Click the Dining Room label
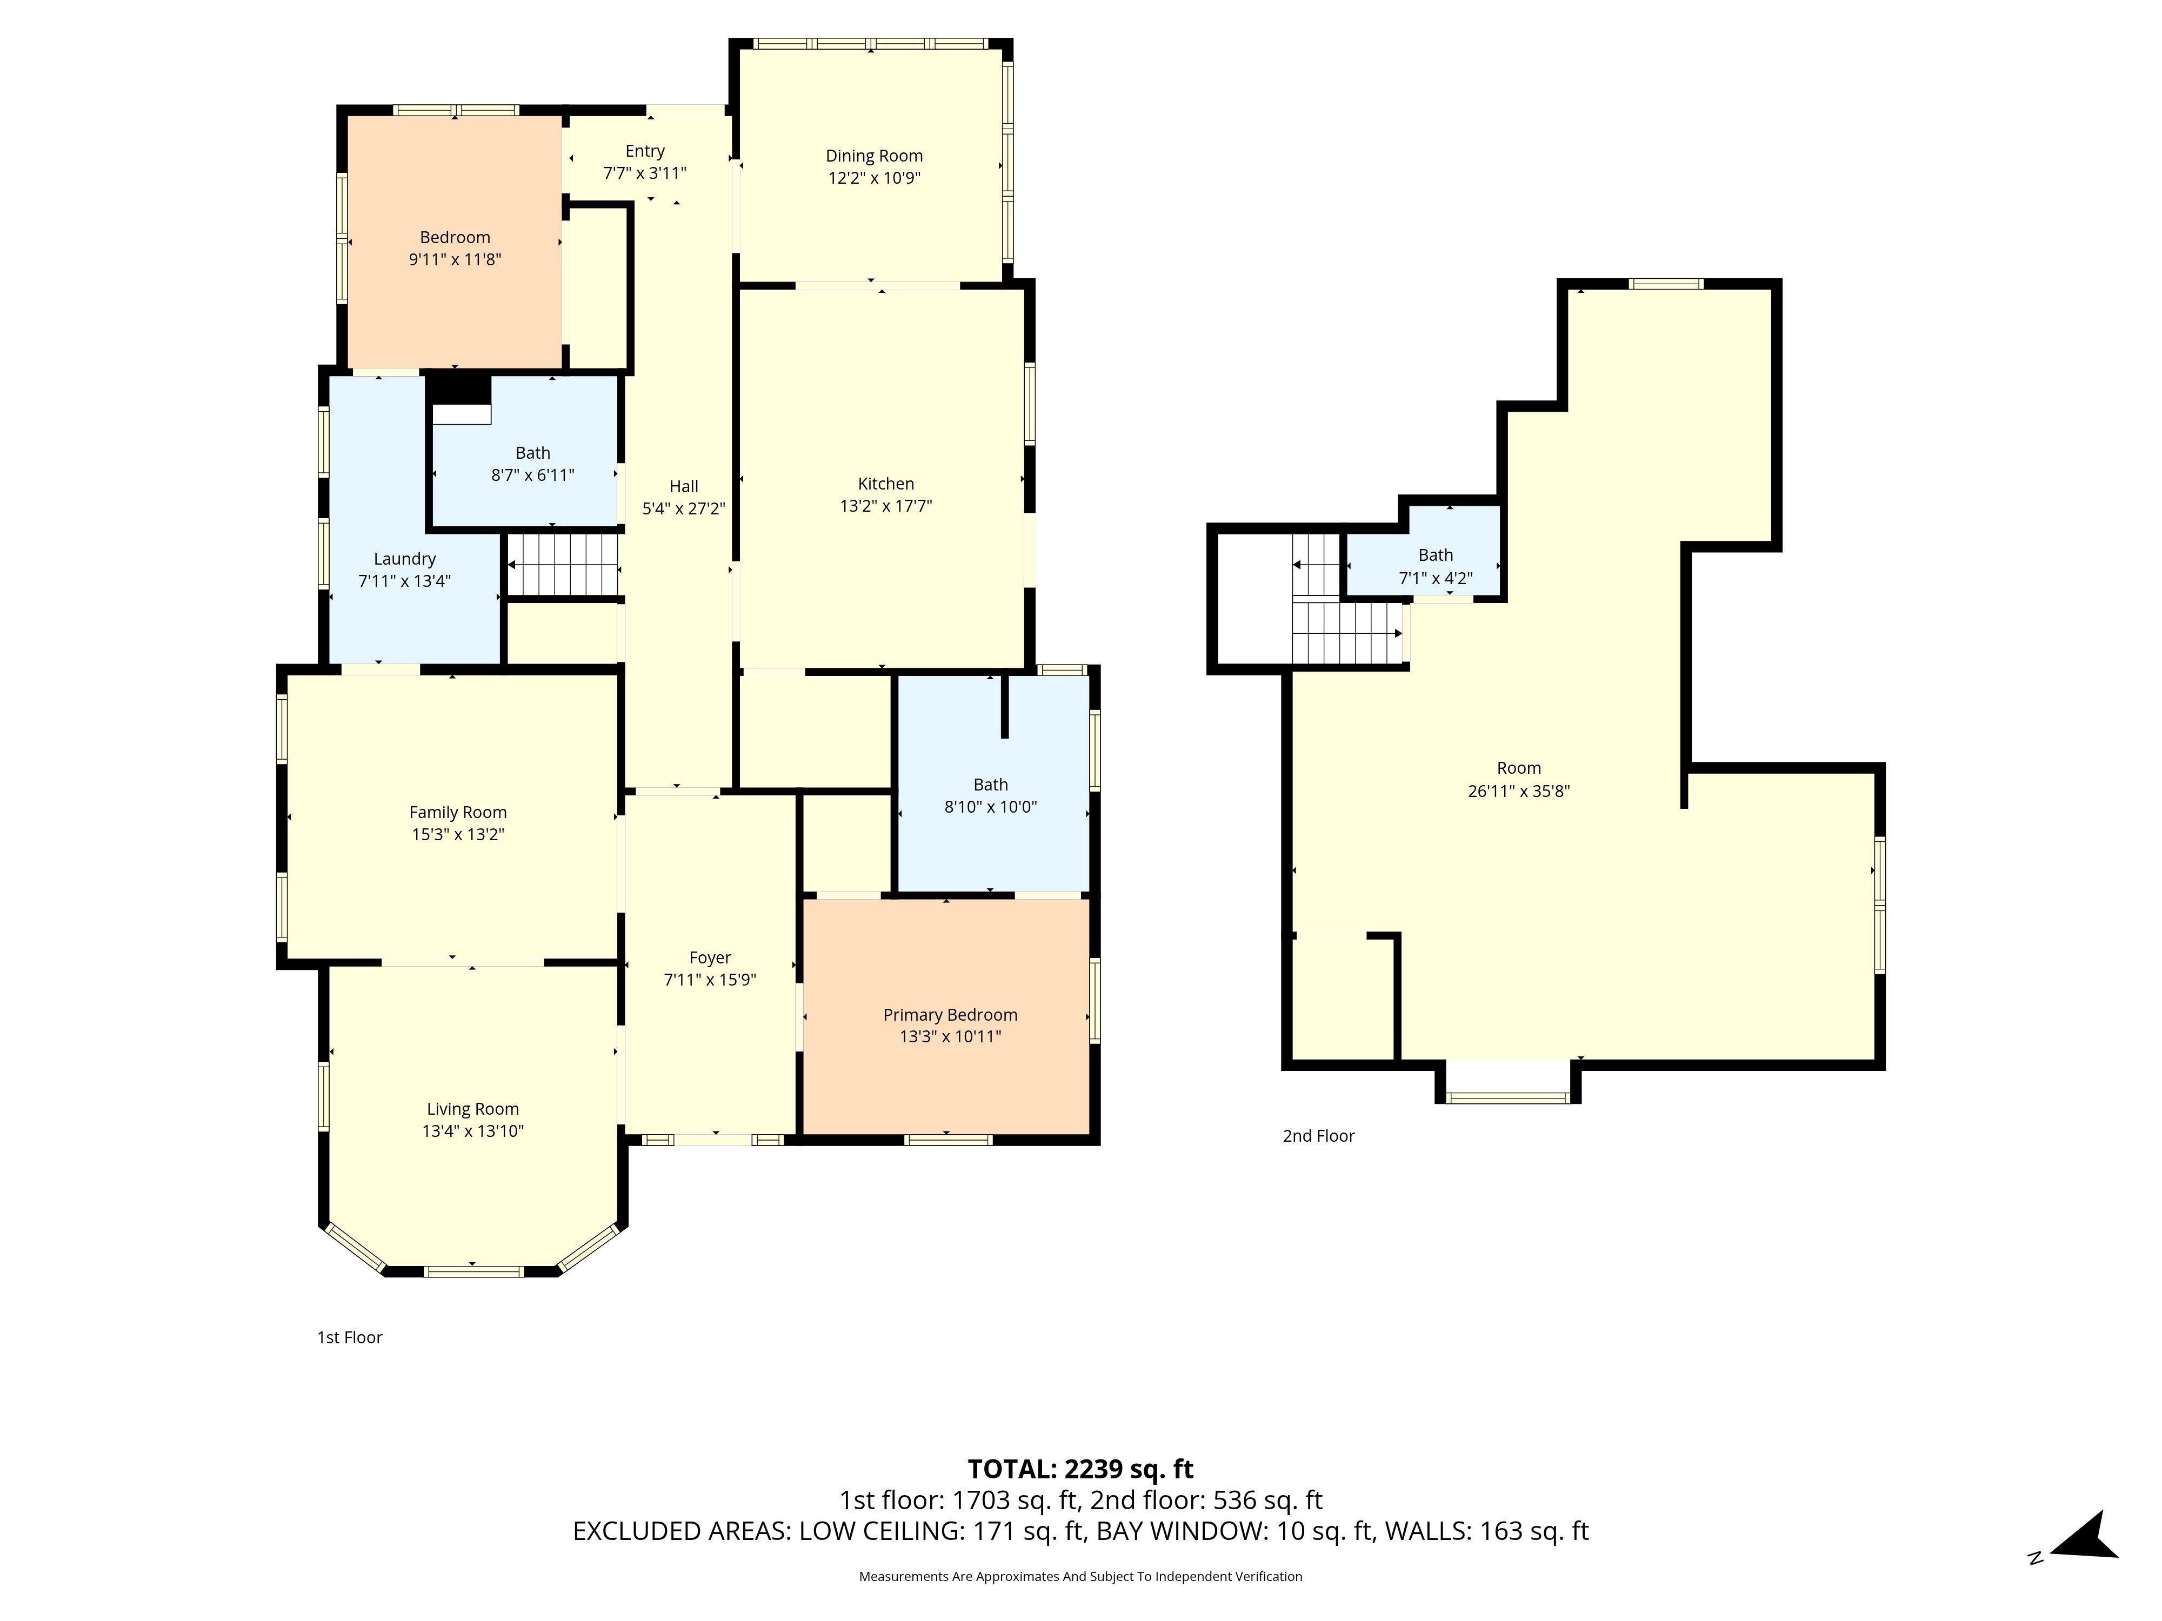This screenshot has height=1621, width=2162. point(874,156)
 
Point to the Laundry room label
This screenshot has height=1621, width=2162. point(405,559)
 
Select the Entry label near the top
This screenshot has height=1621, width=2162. point(645,150)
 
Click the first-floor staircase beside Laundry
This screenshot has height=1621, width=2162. point(563,564)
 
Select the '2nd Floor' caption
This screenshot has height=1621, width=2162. point(1318,1135)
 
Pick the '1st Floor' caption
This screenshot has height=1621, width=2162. point(349,1337)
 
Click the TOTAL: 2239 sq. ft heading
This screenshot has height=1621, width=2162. point(1080,1469)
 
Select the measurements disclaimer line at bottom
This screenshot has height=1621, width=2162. point(1080,1576)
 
